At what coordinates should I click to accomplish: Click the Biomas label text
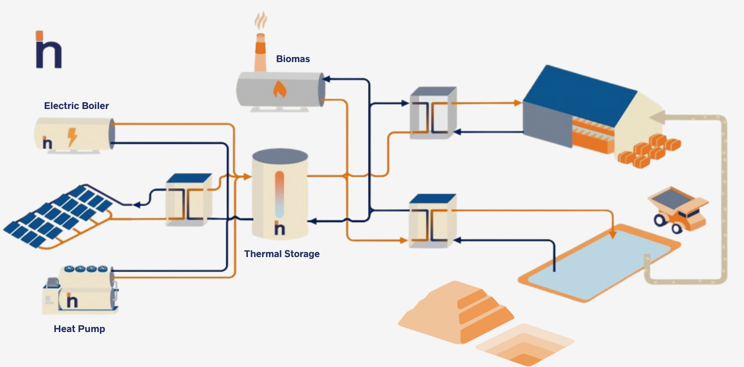pyautogui.click(x=293, y=59)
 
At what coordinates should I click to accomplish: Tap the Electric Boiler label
pyautogui.click(x=76, y=106)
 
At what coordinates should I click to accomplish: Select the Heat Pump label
pyautogui.click(x=79, y=329)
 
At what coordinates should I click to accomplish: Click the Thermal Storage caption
pyautogui.click(x=282, y=254)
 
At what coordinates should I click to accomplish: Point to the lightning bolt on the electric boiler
pyautogui.click(x=72, y=137)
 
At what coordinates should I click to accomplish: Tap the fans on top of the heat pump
pyautogui.click(x=86, y=269)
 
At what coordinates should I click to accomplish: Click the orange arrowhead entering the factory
pyautogui.click(x=518, y=103)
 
